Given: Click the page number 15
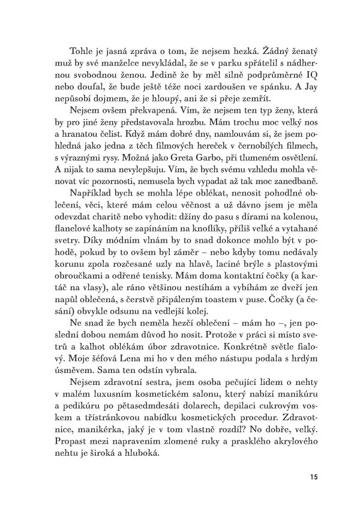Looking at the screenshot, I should click(314, 477).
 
